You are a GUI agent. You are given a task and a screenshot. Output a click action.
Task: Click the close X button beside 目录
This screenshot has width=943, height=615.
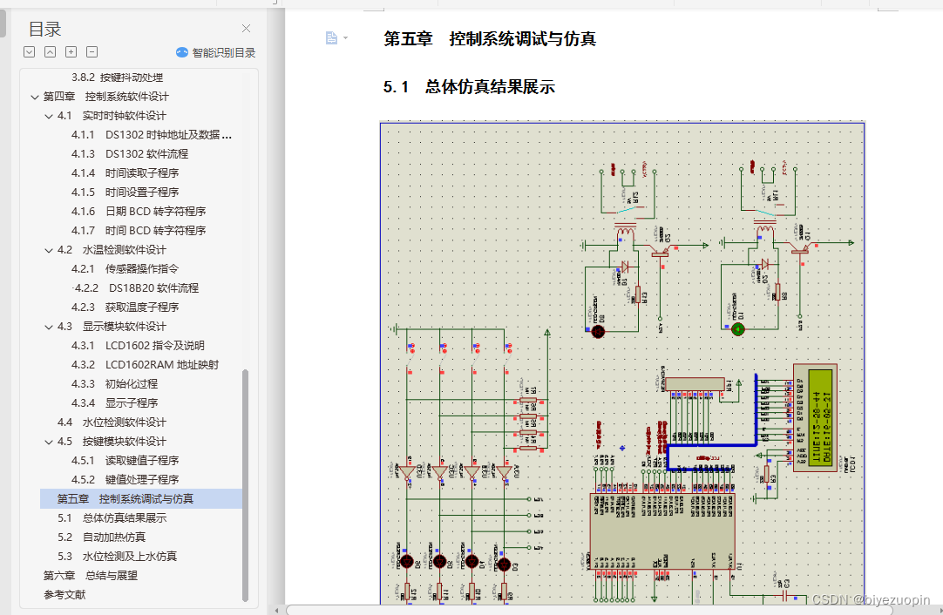pyautogui.click(x=246, y=29)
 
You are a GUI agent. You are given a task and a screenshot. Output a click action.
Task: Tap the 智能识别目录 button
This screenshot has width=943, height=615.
pyautogui.click(x=216, y=52)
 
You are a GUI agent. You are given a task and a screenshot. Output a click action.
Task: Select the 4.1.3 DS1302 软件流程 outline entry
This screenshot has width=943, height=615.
pyautogui.click(x=146, y=154)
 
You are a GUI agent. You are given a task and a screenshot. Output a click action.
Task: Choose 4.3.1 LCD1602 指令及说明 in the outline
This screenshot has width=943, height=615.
pyautogui.click(x=155, y=346)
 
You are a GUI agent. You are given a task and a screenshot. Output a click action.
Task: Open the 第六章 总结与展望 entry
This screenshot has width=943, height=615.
pyautogui.click(x=91, y=576)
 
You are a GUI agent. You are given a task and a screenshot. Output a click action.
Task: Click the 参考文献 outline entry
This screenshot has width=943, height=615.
pyautogui.click(x=64, y=595)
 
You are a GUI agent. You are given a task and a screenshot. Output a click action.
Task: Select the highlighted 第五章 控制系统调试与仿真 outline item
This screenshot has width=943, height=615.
pyautogui.click(x=126, y=499)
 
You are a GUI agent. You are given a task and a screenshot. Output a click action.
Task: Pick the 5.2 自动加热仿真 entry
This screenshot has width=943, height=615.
pyautogui.click(x=102, y=537)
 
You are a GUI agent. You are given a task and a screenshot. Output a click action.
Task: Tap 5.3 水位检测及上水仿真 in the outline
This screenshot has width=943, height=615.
pyautogui.click(x=118, y=557)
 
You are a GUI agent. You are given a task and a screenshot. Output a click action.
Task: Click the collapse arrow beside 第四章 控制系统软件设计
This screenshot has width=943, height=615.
pyautogui.click(x=35, y=97)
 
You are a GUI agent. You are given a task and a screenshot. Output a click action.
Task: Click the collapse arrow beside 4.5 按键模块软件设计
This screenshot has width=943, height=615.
pyautogui.click(x=49, y=442)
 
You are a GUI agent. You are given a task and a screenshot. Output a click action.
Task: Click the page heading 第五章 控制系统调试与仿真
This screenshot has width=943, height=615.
pyautogui.click(x=490, y=39)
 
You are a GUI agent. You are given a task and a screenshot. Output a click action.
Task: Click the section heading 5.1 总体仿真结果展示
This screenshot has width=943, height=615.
pyautogui.click(x=469, y=87)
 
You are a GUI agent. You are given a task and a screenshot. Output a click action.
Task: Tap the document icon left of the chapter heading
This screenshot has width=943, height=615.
pyautogui.click(x=331, y=38)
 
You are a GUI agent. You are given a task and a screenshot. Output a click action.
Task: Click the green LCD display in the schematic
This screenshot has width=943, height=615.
pyautogui.click(x=821, y=417)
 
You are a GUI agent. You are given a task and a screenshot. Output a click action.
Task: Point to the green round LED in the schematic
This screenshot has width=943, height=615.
pyautogui.click(x=738, y=329)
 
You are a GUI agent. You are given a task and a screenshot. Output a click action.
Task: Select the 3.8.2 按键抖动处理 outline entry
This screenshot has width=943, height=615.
pyautogui.click(x=117, y=78)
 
